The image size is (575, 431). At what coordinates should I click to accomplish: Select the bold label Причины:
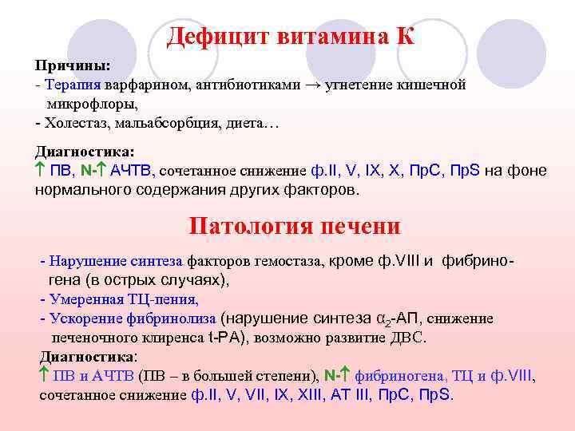pos(72,65)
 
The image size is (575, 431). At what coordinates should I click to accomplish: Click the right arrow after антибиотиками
pos(311,85)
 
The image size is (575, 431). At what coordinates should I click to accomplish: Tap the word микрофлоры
pos(92,105)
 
